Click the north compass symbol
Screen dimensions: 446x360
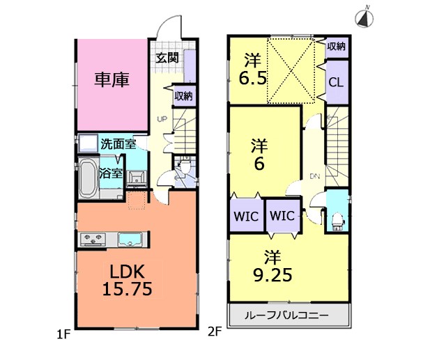click(x=364, y=17)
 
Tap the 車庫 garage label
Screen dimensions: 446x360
click(x=112, y=79)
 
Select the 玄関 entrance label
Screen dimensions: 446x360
click(x=167, y=58)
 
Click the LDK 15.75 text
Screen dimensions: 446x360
click(x=127, y=281)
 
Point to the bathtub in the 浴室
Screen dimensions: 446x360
click(x=88, y=178)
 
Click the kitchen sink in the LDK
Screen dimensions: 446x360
click(x=130, y=240)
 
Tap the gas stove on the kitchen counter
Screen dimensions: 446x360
click(x=93, y=240)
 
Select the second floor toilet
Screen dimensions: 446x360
click(x=337, y=221)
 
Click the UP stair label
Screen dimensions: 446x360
click(x=162, y=119)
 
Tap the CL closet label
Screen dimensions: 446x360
click(x=336, y=83)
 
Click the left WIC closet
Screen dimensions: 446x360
click(x=246, y=217)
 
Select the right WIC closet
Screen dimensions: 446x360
click(x=282, y=216)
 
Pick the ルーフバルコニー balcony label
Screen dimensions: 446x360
click(x=286, y=315)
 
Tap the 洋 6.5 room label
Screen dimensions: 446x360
click(x=252, y=70)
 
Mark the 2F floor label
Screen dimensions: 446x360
click(x=215, y=331)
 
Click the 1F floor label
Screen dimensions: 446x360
click(x=63, y=335)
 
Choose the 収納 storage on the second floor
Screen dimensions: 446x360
click(x=336, y=47)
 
